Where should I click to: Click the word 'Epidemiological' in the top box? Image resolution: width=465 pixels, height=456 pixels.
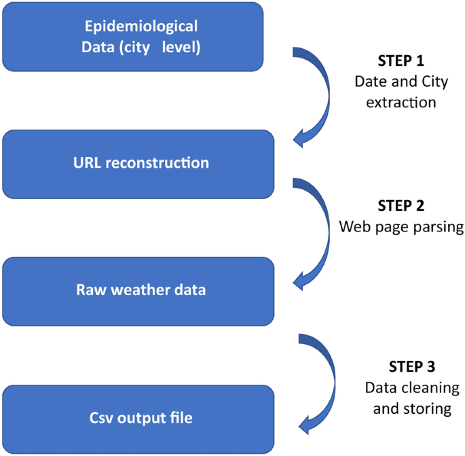tap(141, 27)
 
